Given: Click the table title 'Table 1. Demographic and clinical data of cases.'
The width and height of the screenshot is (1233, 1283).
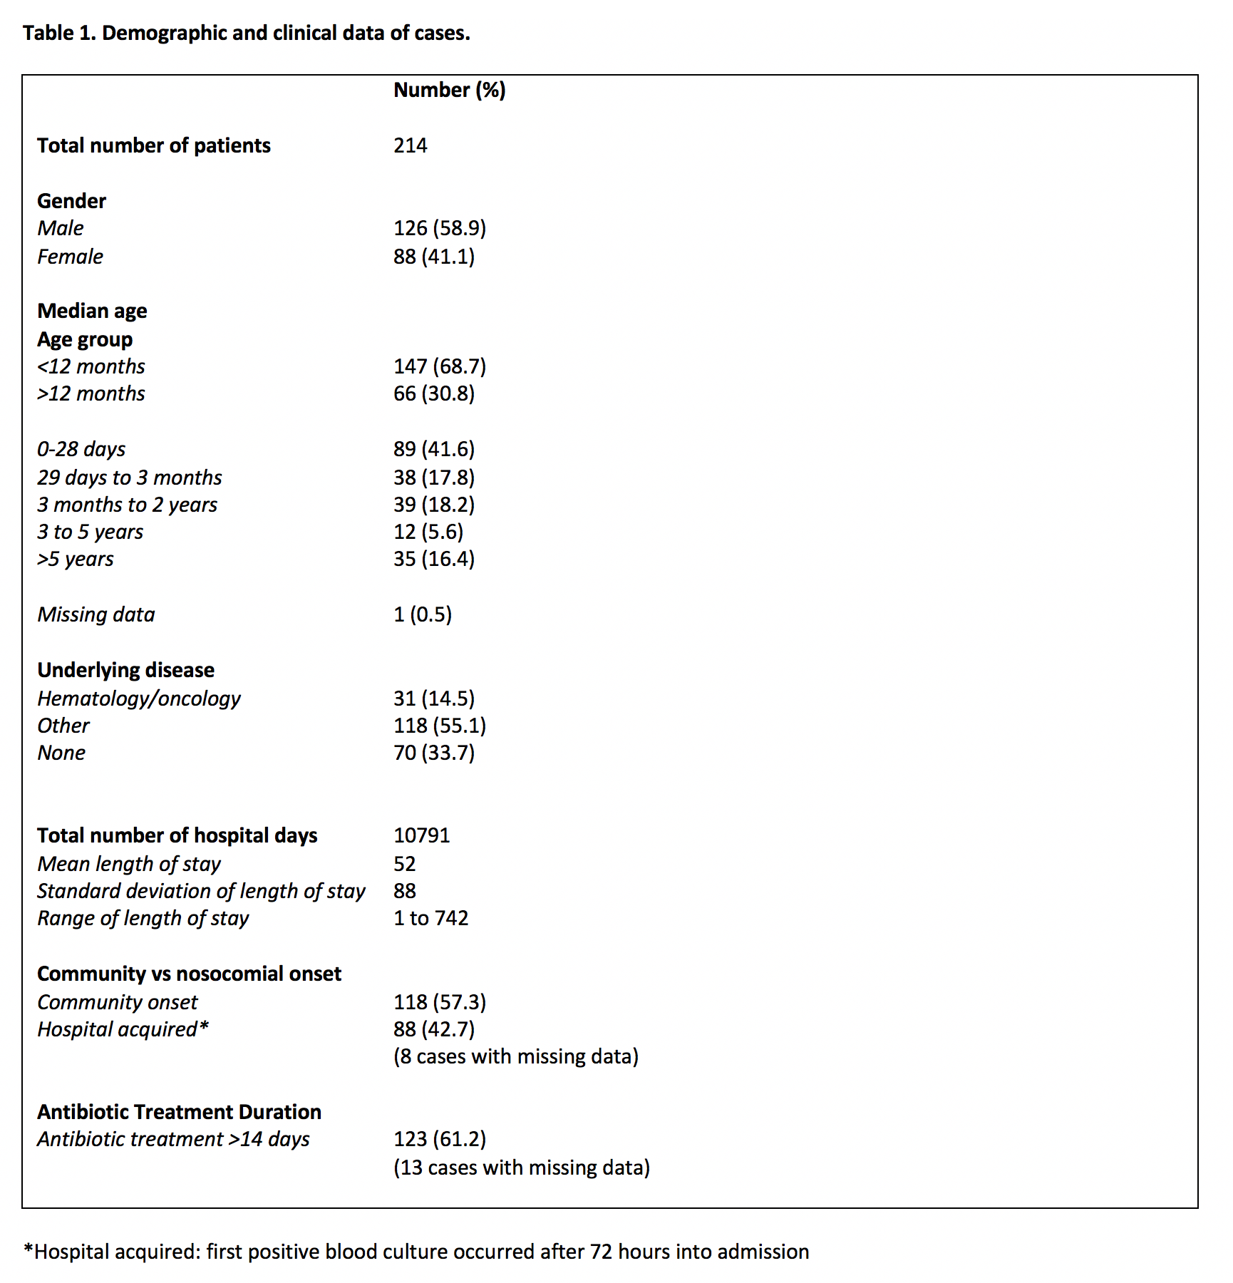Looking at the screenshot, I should point(247,33).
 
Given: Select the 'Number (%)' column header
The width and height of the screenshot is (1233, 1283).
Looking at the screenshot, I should point(449,90).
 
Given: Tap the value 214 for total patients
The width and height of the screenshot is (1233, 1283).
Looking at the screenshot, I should point(410,145).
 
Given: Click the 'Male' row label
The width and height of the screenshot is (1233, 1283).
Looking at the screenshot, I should point(61,228).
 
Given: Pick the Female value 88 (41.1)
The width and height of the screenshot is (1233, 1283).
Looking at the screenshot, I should point(433,257).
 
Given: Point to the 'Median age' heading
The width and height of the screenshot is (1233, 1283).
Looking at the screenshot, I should point(92,311).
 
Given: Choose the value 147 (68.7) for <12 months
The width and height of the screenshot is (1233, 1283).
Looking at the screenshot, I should point(439,366).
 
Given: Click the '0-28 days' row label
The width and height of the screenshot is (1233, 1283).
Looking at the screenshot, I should point(81,449).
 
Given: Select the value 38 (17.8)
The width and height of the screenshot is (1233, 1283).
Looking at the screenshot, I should point(433,478).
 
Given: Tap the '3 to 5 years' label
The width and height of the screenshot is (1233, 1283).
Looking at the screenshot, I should point(90,532).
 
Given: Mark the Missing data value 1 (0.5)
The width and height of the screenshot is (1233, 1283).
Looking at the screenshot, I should point(422,614).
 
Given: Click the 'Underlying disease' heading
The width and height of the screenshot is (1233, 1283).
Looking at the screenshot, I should point(125,670).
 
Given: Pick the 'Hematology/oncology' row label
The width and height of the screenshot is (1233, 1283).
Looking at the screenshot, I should point(139,699).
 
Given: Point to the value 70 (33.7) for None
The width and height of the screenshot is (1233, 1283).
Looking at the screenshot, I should point(433,753).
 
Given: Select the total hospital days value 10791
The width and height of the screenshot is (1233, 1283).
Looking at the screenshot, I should point(421,835).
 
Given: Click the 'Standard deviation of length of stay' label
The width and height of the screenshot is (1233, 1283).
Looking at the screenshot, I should point(201,891).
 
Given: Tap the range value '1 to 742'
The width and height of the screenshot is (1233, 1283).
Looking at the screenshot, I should point(430,918).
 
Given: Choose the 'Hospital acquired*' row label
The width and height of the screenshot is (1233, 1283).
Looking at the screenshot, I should point(123,1029).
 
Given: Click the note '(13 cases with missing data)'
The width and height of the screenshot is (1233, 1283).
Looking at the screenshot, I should point(521,1168).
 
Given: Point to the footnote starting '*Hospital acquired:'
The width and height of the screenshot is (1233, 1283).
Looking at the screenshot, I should point(416,1252).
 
